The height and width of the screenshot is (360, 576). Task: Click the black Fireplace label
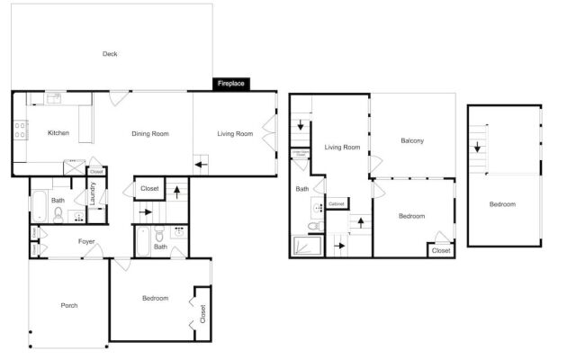click(x=231, y=84)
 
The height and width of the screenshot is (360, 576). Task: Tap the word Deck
click(x=110, y=54)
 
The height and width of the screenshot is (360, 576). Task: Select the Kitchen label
click(x=58, y=133)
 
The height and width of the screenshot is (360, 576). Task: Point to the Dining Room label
click(x=150, y=134)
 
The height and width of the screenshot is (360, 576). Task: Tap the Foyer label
click(x=86, y=241)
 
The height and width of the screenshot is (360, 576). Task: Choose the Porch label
click(x=68, y=305)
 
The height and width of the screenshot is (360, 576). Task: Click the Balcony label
click(x=412, y=140)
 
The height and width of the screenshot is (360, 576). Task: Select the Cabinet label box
click(x=337, y=204)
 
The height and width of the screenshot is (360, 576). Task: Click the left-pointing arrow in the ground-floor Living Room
click(x=202, y=164)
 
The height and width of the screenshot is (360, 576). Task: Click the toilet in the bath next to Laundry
click(x=58, y=215)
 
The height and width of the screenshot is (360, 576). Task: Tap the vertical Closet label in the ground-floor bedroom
click(x=202, y=313)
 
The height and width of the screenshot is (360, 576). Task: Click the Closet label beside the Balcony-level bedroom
click(x=440, y=250)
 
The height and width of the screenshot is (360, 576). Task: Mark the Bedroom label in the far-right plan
click(x=502, y=204)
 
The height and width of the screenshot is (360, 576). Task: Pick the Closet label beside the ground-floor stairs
click(x=149, y=189)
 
